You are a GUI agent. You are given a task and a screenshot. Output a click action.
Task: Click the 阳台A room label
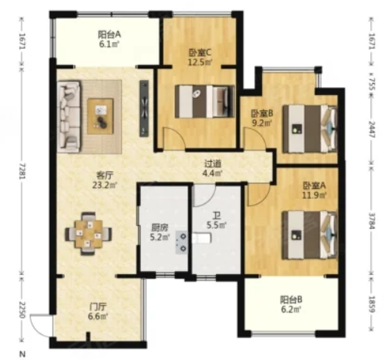coord(109,35)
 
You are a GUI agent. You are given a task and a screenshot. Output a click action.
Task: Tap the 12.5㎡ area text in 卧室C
coord(200,62)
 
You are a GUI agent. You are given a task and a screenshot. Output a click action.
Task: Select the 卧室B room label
coord(261,114)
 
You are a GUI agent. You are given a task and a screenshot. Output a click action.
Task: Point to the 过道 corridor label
coord(212,163)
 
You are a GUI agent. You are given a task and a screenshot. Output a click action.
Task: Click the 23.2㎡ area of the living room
coord(105,185)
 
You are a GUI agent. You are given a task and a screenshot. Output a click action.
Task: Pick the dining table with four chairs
coord(88,233)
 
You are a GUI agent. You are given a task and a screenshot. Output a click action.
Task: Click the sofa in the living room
coord(69,117)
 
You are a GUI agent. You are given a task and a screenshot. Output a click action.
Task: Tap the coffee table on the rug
coord(100,116)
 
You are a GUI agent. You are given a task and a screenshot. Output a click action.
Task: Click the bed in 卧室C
coord(205,102)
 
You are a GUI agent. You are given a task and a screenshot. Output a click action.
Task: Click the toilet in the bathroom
coord(203,238)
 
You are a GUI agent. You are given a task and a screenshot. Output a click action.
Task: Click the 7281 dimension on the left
coord(23,171)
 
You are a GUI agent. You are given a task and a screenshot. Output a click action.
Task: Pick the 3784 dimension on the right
coord(372,221)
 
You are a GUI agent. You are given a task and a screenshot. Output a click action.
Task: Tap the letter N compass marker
coord(23,354)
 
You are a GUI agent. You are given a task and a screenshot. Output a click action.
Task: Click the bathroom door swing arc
coord(206,197)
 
